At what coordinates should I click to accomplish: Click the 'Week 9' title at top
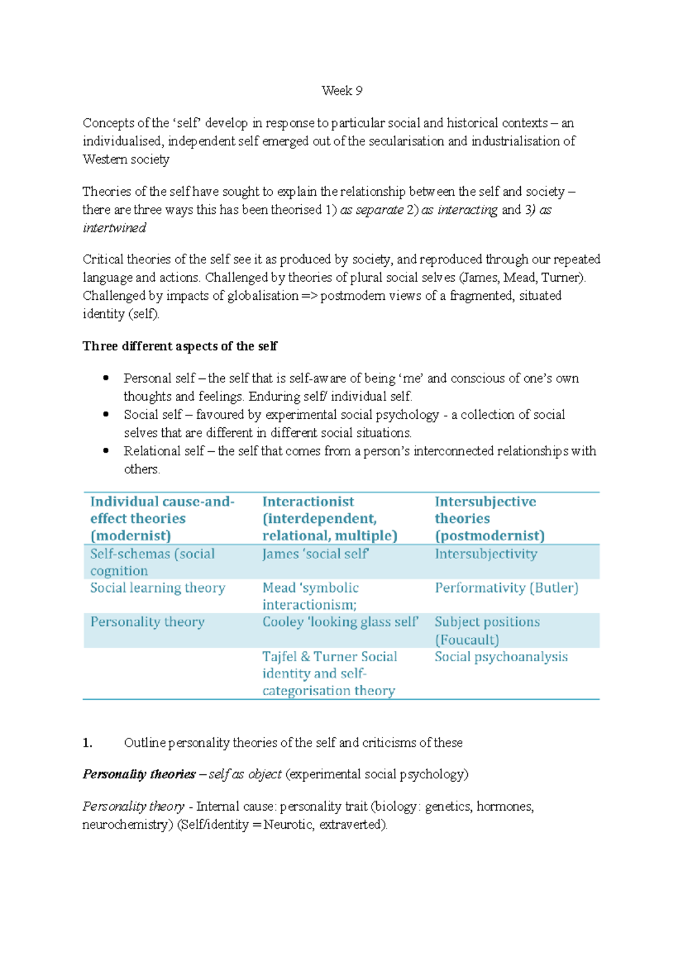click(341, 90)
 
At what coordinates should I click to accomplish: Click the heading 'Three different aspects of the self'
click(180, 346)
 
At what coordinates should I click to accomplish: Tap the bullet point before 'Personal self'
click(106, 378)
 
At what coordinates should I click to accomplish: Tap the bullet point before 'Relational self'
click(106, 451)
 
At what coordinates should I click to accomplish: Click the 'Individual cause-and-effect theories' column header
click(162, 518)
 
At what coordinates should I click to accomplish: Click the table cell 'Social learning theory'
click(158, 588)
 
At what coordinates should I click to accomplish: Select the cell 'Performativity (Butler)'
click(507, 588)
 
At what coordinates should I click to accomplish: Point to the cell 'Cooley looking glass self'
click(340, 622)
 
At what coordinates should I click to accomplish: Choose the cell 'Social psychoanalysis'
click(501, 657)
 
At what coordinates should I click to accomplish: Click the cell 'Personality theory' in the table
click(147, 622)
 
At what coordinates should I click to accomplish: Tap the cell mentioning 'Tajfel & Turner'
click(330, 673)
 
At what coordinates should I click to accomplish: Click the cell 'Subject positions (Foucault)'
click(487, 630)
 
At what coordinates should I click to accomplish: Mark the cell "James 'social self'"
click(315, 554)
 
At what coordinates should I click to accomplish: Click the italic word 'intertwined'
click(114, 228)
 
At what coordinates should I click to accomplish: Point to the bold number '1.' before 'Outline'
click(87, 742)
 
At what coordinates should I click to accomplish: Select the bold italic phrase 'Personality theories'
click(139, 774)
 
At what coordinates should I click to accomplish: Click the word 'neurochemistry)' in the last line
click(127, 824)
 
